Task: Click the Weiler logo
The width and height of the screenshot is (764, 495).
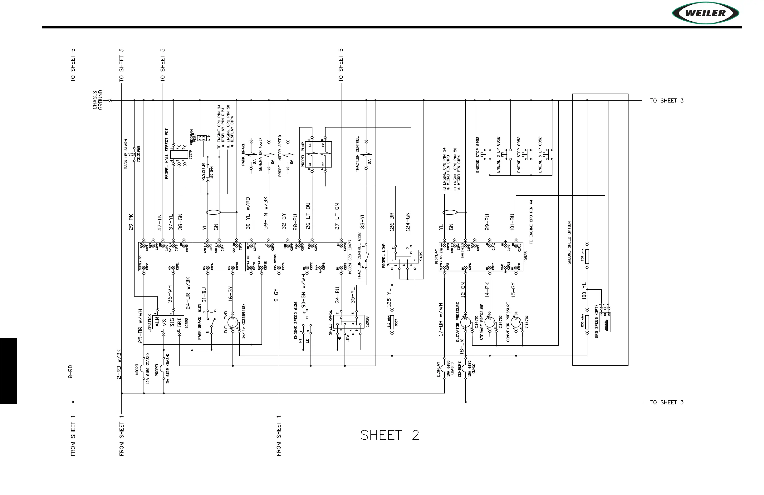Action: [x=705, y=13]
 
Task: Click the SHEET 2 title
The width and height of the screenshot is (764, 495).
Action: [x=389, y=435]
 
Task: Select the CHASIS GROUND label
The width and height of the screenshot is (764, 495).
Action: [x=98, y=100]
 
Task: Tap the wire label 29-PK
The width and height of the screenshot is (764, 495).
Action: [x=131, y=222]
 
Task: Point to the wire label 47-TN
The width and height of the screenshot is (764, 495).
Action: [x=160, y=222]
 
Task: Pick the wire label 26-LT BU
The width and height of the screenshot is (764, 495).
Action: [x=308, y=216]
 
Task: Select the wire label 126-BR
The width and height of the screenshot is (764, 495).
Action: [x=392, y=222]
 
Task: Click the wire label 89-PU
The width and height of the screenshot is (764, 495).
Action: [x=487, y=222]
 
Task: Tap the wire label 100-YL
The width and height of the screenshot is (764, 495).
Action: [x=584, y=291]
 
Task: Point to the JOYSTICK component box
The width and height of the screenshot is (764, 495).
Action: [x=172, y=322]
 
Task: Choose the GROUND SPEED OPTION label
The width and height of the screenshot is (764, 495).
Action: [x=569, y=243]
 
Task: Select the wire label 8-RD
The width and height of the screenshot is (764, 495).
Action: [x=70, y=372]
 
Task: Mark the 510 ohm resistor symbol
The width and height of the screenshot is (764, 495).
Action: [x=392, y=322]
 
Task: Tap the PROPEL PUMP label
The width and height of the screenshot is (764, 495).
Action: [x=303, y=155]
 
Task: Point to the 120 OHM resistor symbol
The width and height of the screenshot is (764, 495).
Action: [x=208, y=172]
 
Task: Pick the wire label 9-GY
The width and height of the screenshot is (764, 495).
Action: [x=276, y=295]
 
